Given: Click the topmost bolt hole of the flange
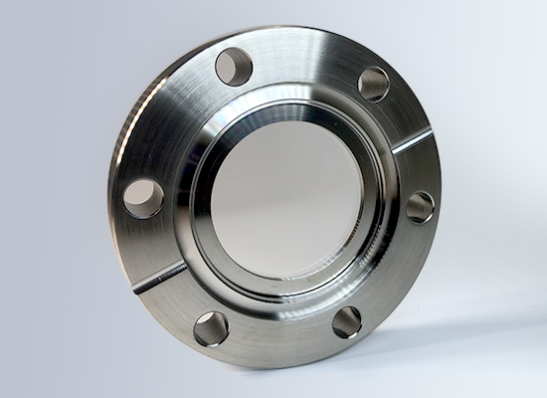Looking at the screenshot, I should [234, 67].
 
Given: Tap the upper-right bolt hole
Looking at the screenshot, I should [374, 84].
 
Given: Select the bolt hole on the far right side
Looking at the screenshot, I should [420, 206].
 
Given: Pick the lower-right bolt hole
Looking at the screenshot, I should [346, 320].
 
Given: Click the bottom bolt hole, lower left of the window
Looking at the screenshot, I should [211, 327].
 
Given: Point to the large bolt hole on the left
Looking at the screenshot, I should [143, 198].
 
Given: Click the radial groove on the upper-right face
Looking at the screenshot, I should [411, 141].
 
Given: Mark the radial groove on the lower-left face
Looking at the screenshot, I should [159, 278].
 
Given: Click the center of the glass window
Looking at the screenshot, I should [288, 199].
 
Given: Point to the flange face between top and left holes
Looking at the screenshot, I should [169, 119].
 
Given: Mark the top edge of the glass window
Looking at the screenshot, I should [288, 123].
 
